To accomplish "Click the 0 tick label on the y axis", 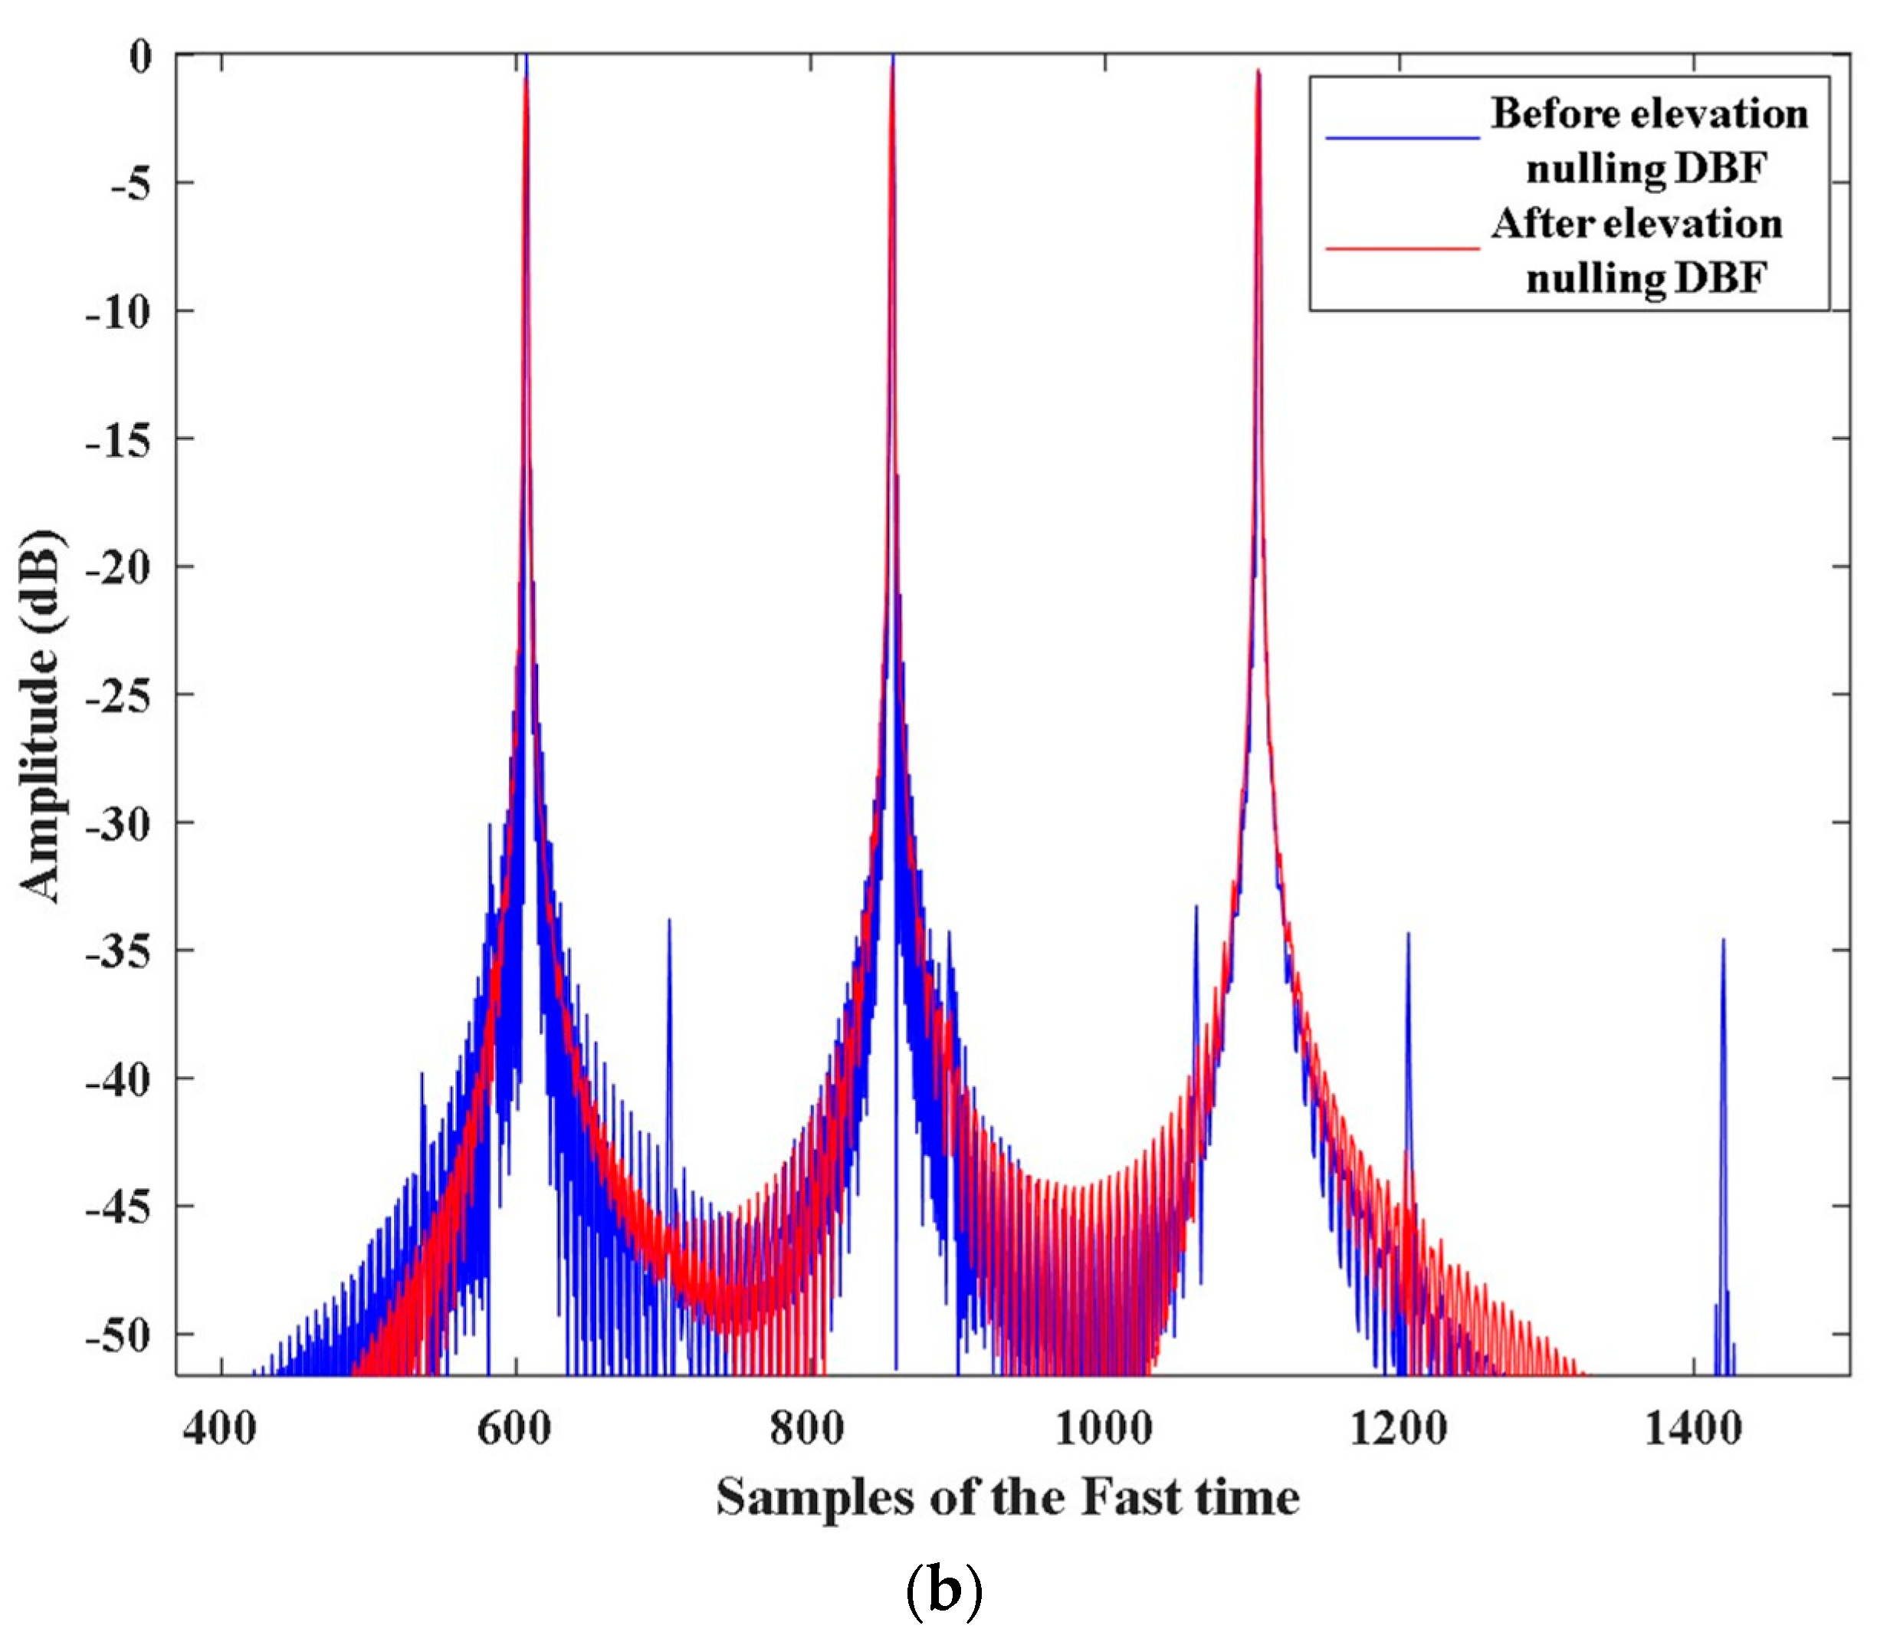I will point(140,57).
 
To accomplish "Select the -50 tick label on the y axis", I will point(117,1336).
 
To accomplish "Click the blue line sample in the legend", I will point(1402,138).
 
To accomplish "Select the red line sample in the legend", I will point(1402,248).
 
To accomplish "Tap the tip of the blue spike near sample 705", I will point(669,920).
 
